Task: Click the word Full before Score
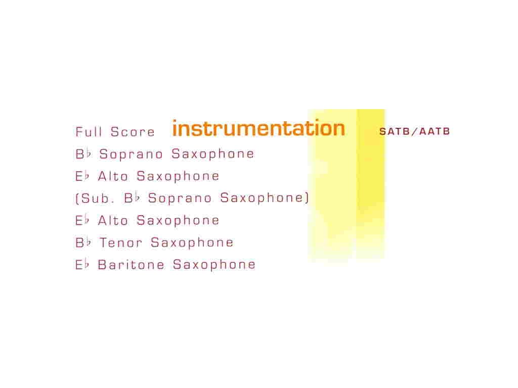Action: [88, 132]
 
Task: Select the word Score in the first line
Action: [133, 132]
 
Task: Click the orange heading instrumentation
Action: [258, 128]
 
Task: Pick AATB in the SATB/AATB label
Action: [435, 131]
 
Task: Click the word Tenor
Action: [120, 243]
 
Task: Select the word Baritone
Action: [131, 265]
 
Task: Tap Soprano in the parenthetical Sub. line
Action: [180, 198]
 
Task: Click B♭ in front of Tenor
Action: [83, 243]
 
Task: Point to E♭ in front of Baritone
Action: [82, 264]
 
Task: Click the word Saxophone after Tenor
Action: [192, 243]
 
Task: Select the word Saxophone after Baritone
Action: [214, 265]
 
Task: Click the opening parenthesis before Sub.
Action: [77, 198]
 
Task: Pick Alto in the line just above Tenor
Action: [113, 220]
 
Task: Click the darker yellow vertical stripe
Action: [371, 185]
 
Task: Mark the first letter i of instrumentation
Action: [175, 128]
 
